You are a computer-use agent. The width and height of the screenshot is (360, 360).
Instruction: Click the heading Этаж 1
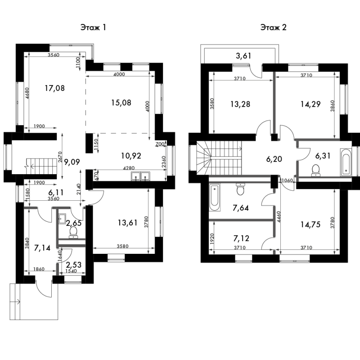[93, 27]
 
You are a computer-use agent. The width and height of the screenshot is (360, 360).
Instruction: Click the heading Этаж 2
[274, 27]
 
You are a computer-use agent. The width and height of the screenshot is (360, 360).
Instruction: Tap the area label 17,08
[54, 88]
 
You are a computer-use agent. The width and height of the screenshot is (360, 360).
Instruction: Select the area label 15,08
[121, 103]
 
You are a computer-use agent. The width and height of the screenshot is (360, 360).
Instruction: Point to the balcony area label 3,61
[243, 56]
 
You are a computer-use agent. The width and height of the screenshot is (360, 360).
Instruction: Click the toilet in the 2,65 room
[73, 232]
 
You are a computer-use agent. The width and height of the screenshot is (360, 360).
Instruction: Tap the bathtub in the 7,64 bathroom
[215, 197]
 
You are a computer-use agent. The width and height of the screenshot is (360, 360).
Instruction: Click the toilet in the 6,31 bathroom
[316, 171]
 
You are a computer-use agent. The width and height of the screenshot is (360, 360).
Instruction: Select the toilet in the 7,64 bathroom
[240, 189]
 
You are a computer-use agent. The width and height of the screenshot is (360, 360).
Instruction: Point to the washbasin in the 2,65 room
[62, 219]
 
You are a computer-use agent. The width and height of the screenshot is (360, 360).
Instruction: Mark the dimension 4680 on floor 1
[27, 93]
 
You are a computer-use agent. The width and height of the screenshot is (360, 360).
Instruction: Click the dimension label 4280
[129, 168]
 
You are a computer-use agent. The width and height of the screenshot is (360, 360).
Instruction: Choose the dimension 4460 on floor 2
[279, 217]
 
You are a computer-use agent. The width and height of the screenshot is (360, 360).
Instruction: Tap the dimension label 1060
[287, 180]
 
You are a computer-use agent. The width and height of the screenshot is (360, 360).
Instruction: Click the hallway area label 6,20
[274, 159]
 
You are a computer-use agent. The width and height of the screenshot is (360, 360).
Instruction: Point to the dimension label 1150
[96, 144]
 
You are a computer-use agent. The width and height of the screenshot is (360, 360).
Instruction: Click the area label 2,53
[73, 265]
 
